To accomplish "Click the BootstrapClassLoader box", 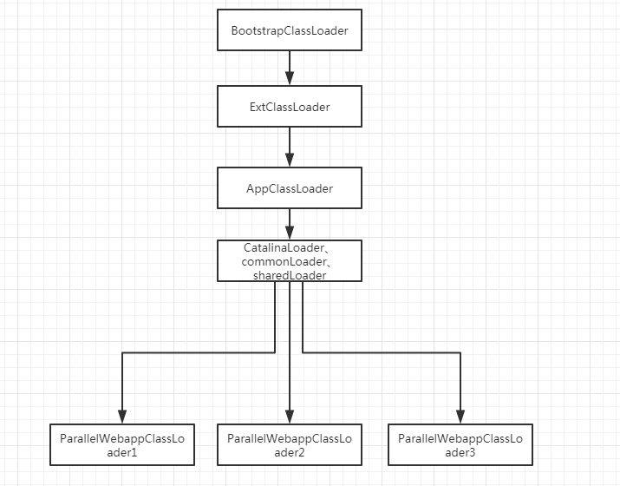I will (x=290, y=30).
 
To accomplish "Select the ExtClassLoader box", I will (x=290, y=106).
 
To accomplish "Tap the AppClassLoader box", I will (x=290, y=187).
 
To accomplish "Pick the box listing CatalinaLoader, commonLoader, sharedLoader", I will (x=290, y=261).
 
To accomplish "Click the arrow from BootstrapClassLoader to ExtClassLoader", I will (x=290, y=68).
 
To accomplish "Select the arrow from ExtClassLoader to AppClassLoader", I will (x=290, y=147).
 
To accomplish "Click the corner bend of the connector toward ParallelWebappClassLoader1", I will (x=121, y=352).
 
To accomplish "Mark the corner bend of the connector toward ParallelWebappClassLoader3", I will (x=460, y=352).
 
